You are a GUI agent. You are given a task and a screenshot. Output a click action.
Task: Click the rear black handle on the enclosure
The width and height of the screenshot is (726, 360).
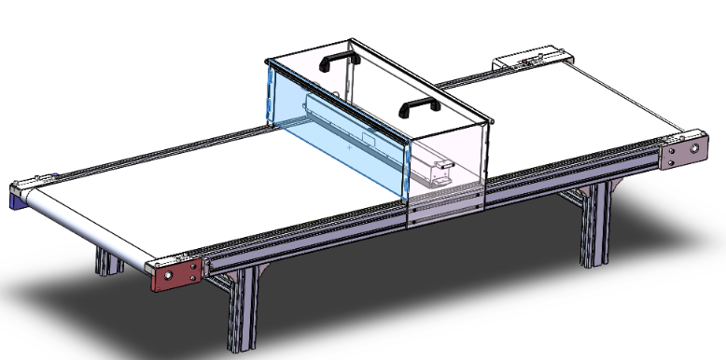(x=340, y=59)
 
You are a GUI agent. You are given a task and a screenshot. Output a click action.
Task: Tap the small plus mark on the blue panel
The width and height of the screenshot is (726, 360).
(x=349, y=147)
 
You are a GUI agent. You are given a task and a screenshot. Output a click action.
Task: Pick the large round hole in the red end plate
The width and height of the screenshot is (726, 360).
(x=169, y=276)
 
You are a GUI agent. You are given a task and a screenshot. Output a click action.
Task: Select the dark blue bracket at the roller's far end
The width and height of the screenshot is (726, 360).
(x=18, y=197)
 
